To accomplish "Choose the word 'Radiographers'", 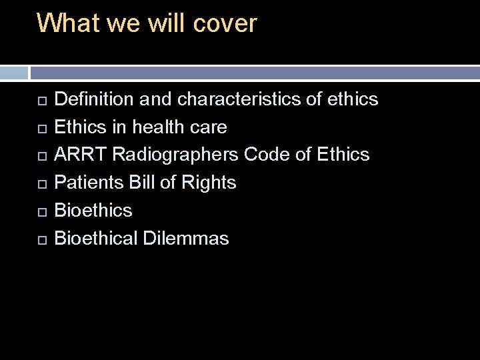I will tap(175, 155).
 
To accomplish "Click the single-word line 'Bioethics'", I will tap(93, 211).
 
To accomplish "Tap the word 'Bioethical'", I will tap(96, 239).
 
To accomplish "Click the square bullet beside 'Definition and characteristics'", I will tap(41, 101).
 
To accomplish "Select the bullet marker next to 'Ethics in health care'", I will tap(41, 128).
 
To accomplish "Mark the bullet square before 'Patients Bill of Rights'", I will tap(41, 184).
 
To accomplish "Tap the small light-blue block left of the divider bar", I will tap(13, 73).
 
